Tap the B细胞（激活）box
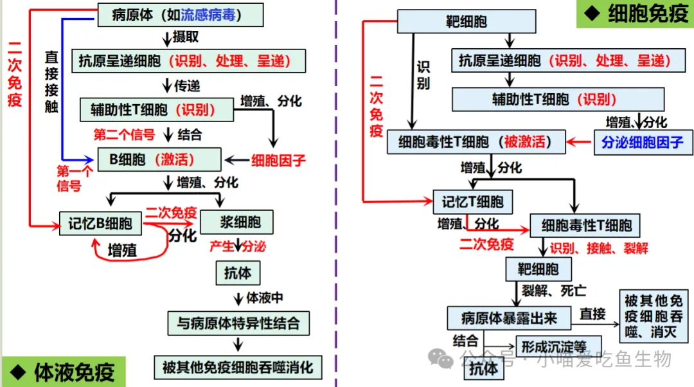pyautogui.click(x=159, y=159)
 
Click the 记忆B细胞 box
pyautogui.click(x=100, y=223)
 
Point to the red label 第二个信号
pyautogui.click(x=124, y=134)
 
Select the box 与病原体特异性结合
pyautogui.click(x=238, y=322)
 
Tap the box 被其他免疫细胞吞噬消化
pyautogui.click(x=238, y=367)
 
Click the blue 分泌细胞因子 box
pyautogui.click(x=642, y=142)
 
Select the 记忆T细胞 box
pyautogui.click(x=472, y=202)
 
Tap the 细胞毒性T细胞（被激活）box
pyautogui.click(x=476, y=142)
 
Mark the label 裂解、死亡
pyautogui.click(x=545, y=291)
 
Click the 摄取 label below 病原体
pyautogui.click(x=186, y=37)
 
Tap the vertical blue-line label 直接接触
pyautogui.click(x=51, y=82)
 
